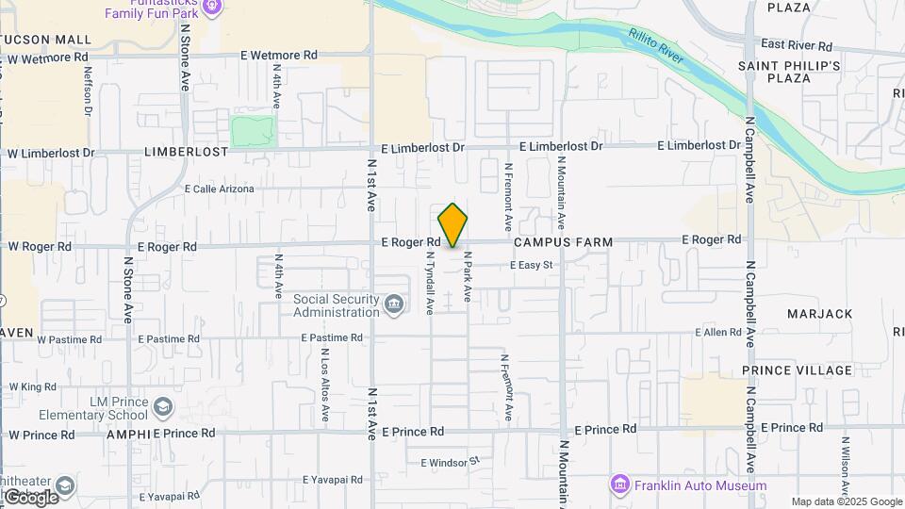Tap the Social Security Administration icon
pyautogui.click(x=395, y=304)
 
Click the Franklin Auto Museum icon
pyautogui.click(x=619, y=484)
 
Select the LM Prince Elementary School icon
pyautogui.click(x=163, y=406)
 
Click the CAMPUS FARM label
pyautogui.click(x=564, y=242)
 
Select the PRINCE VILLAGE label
pyautogui.click(x=797, y=370)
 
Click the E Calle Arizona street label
pyautogui.click(x=220, y=189)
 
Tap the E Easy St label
pyautogui.click(x=530, y=266)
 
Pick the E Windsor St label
pyautogui.click(x=451, y=463)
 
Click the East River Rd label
pyautogui.click(x=797, y=45)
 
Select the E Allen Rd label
pyautogui.click(x=718, y=333)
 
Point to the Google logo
pyautogui.click(x=30, y=497)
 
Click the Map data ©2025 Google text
pyautogui.click(x=847, y=501)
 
